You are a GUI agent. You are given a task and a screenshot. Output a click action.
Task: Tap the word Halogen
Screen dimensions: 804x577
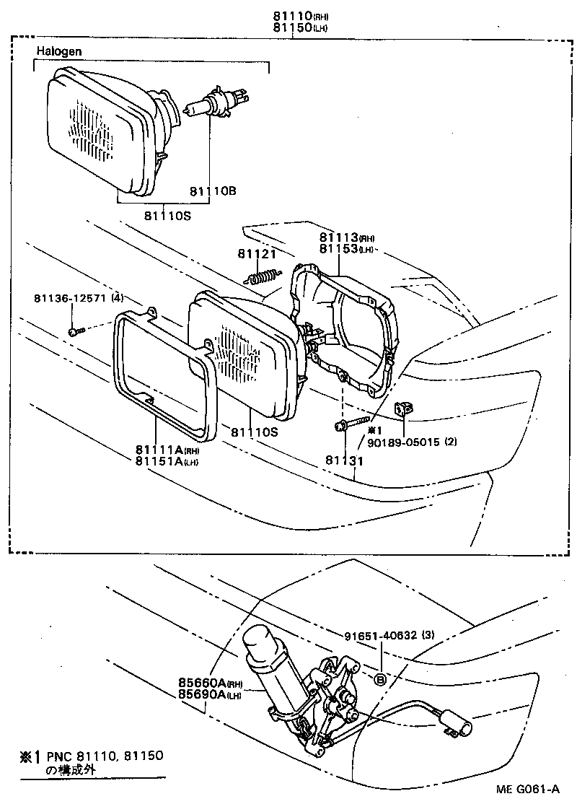click(58, 51)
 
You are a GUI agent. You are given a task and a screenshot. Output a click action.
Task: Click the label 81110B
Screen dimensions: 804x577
click(213, 191)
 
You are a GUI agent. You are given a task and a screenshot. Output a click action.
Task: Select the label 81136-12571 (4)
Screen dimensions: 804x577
click(78, 298)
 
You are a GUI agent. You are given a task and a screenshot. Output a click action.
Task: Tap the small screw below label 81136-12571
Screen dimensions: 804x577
click(75, 331)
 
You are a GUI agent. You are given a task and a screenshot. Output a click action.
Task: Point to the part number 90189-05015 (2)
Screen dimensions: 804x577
click(414, 441)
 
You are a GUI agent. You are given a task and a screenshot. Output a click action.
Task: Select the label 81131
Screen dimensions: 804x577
click(342, 460)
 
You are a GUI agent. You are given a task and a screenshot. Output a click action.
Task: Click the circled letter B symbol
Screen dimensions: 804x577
click(379, 678)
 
